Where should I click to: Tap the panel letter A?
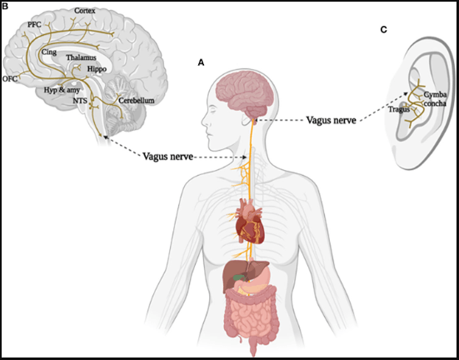pos(201,62)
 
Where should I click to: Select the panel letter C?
pos(383,30)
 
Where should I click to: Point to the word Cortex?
pos(85,11)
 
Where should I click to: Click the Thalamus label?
pos(82,58)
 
